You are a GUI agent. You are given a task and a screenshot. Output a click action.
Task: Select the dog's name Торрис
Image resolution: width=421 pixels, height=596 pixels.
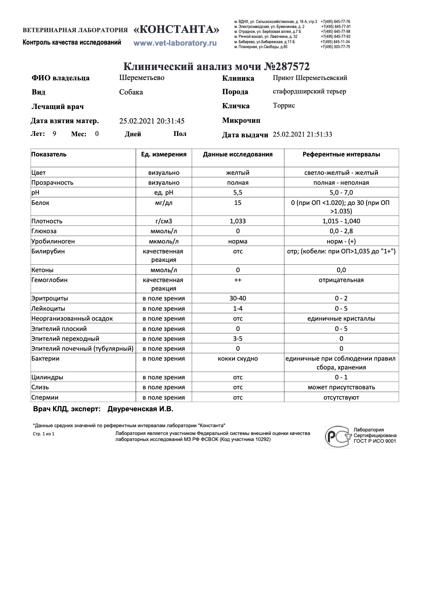tap(284, 105)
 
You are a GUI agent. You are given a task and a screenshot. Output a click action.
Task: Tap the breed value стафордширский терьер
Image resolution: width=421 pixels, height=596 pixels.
tap(309, 91)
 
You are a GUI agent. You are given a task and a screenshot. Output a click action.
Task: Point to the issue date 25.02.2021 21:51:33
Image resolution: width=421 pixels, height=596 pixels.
tap(302, 134)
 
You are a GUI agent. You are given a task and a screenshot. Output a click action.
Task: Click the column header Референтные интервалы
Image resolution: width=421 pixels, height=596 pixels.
tap(341, 154)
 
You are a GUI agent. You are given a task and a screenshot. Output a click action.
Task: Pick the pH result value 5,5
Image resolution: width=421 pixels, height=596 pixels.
tap(238, 193)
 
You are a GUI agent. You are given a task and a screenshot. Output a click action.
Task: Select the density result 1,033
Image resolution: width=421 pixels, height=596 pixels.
tap(238, 221)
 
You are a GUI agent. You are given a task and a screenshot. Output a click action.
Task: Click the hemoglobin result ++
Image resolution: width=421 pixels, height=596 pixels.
tap(238, 280)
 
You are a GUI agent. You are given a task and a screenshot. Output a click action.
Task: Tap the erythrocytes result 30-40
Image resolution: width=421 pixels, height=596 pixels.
tap(238, 298)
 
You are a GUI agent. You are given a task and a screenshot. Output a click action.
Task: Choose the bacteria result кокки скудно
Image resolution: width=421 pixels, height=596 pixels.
tap(238, 359)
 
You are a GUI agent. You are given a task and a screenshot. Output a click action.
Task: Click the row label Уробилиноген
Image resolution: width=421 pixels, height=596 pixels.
tap(53, 241)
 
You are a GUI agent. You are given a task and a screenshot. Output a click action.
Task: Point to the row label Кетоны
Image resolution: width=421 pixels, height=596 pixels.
tap(42, 270)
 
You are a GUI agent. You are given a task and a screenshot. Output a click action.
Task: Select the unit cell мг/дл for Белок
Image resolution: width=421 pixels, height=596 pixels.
tap(164, 203)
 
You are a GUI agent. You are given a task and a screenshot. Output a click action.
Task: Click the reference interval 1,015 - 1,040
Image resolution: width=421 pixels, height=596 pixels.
tap(341, 221)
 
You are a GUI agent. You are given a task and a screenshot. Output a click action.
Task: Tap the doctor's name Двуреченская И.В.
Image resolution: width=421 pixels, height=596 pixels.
tap(140, 409)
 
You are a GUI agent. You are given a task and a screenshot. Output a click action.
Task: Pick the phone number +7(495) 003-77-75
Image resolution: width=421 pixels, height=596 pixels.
tap(335, 47)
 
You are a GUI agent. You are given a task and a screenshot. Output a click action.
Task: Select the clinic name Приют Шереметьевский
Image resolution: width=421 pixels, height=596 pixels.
tap(310, 78)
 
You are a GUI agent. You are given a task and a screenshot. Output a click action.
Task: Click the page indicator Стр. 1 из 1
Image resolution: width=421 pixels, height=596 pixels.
tap(44, 434)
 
